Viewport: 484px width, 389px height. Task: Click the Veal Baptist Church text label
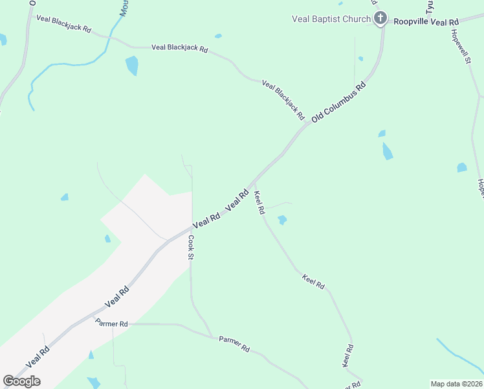(331, 19)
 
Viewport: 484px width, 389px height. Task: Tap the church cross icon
(381, 18)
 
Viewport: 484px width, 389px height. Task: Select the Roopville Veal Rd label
(426, 22)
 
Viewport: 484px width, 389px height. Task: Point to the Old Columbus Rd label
(338, 102)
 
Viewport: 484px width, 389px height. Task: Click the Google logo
(21, 381)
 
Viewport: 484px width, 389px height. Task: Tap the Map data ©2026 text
(456, 384)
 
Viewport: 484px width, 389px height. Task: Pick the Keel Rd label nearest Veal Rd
(259, 202)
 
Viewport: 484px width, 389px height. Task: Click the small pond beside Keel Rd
(282, 220)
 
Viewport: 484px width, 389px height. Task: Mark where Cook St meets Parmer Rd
(212, 336)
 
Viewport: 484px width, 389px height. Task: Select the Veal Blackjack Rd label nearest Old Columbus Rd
(283, 100)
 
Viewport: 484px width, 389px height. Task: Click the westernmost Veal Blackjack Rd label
(63, 24)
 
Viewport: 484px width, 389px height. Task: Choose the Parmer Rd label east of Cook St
(234, 344)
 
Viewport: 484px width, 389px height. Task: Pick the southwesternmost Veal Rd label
(38, 357)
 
